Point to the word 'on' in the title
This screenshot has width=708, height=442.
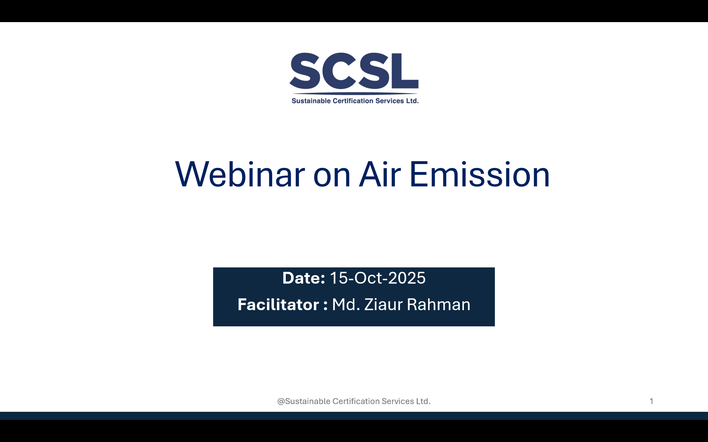point(332,176)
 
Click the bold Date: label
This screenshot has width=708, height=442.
point(303,278)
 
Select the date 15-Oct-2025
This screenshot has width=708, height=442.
point(377,278)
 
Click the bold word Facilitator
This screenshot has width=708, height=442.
point(278,305)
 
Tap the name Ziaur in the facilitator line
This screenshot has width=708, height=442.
point(383,305)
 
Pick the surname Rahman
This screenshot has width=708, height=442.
point(438,305)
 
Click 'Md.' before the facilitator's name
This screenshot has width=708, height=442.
point(346,305)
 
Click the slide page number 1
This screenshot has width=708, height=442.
point(652,401)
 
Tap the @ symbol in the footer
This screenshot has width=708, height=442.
point(281,401)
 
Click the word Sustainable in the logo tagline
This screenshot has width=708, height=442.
point(311,101)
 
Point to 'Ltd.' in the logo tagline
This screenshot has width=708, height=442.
point(412,101)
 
